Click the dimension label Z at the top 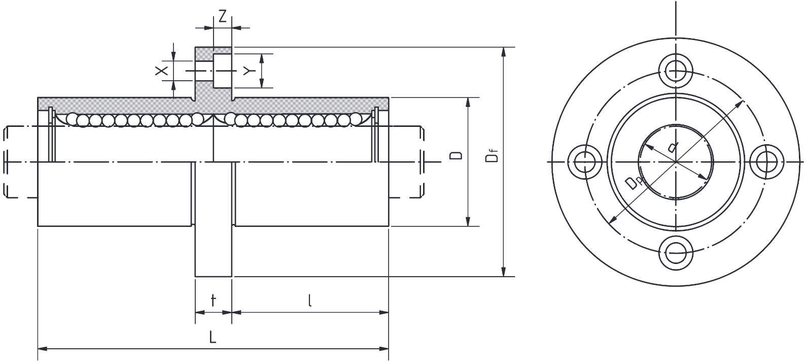[223, 16]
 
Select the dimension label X [162, 71]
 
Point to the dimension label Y [249, 71]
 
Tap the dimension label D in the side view [456, 155]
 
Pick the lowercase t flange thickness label [213, 300]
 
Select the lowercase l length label [310, 300]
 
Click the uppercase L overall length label [213, 337]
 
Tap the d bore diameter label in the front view [673, 146]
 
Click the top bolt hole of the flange [676, 71]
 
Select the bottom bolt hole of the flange [676, 252]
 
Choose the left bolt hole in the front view [585, 161]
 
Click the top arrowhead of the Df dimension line [504, 52]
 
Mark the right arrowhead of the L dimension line [384, 349]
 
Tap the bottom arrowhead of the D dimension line [468, 221]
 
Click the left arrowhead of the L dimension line [43, 349]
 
